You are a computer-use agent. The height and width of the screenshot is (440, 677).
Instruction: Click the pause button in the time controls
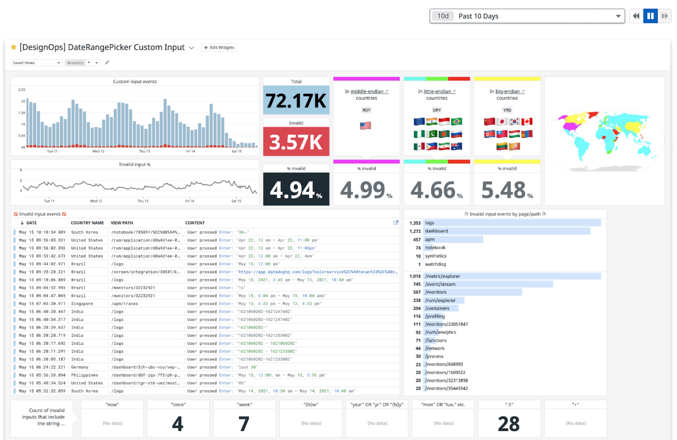pos(650,16)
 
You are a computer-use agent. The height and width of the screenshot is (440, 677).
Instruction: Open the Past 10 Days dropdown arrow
pos(618,16)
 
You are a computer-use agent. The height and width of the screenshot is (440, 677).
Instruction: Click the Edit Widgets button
pos(219,48)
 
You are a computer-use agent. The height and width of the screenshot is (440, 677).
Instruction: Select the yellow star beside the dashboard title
pos(13,47)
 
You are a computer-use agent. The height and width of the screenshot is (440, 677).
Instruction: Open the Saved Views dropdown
pos(36,63)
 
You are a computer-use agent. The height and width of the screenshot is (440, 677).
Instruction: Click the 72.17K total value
pos(296,100)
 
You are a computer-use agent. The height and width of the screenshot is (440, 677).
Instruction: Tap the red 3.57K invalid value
pos(296,142)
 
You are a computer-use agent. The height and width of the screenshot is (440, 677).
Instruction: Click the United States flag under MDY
pos(366,126)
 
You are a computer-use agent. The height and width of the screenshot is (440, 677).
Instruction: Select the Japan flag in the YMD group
pos(502,122)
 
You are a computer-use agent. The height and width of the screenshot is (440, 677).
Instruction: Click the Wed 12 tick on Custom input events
pos(98,151)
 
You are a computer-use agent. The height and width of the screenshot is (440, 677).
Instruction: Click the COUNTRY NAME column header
pos(87,223)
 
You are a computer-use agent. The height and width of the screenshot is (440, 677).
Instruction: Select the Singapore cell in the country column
pos(82,304)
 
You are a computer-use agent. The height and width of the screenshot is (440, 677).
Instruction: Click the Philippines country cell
pos(84,375)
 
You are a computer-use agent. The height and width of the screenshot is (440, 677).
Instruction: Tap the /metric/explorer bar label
pos(442,276)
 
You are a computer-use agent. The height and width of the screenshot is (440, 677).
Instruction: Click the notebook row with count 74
pos(435,248)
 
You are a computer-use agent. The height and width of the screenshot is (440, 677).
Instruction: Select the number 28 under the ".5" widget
pos(509,423)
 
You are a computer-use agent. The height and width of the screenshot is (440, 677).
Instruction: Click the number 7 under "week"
pos(244,423)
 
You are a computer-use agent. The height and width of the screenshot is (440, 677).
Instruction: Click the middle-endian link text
pos(367,92)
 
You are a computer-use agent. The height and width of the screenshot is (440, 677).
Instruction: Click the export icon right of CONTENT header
pos(396,223)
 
